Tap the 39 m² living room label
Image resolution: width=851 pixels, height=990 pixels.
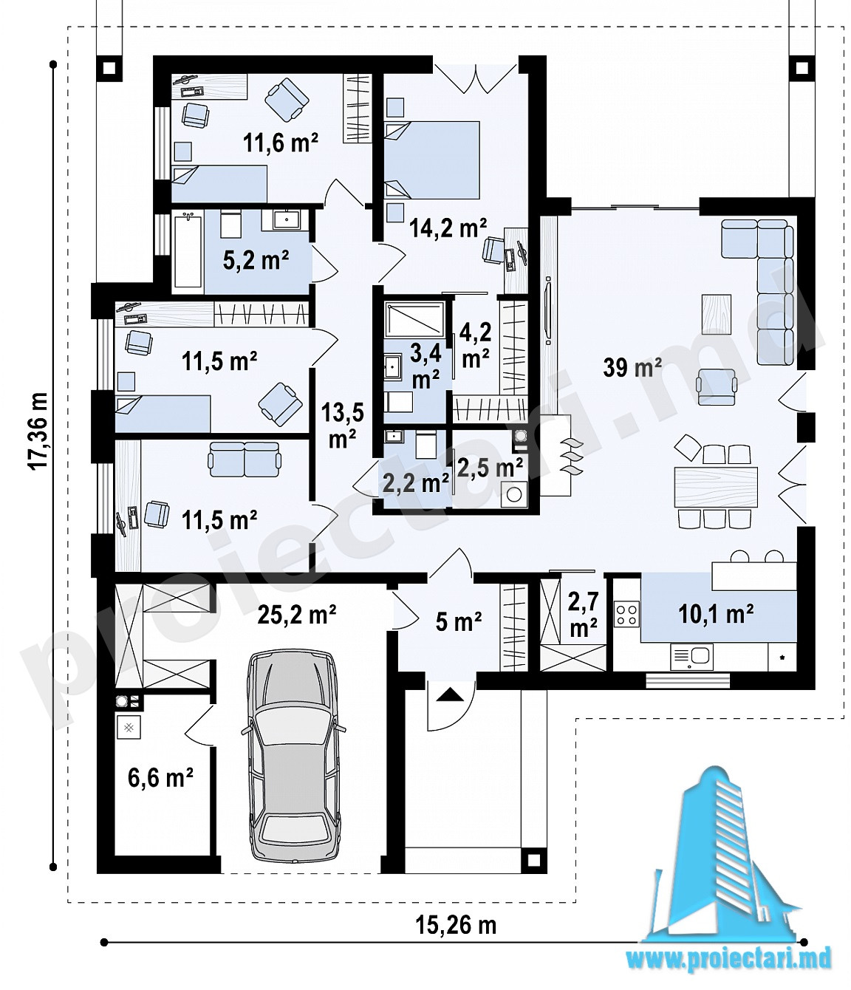[x=632, y=368]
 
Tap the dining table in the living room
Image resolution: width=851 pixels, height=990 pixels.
[x=716, y=487]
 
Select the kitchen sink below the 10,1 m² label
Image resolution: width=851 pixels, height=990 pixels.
[x=691, y=657]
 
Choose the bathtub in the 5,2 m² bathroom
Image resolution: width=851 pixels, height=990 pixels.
[x=188, y=250]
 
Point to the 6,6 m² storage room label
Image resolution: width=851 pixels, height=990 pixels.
[x=160, y=777]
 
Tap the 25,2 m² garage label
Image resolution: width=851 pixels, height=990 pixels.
[x=296, y=614]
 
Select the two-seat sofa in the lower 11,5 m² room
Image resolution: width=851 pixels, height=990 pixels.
[x=245, y=459]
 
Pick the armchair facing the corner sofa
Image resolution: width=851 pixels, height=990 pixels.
[x=716, y=387]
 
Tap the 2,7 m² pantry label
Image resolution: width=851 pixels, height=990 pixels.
[x=582, y=616]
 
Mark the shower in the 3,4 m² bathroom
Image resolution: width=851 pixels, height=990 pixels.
[x=414, y=320]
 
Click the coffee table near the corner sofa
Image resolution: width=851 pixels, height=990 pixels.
[x=717, y=315]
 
